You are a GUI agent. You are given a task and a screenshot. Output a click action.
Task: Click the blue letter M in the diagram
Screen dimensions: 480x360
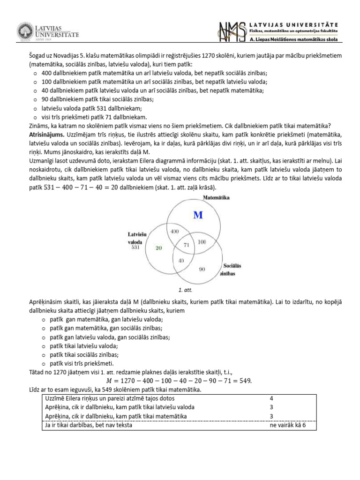[x=198, y=215]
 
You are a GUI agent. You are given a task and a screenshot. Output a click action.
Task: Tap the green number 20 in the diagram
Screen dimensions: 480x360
[x=159, y=248]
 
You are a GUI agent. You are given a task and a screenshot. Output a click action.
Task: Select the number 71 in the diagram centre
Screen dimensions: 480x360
[x=186, y=244]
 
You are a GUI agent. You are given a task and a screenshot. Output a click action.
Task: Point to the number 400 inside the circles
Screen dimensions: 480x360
[x=174, y=232]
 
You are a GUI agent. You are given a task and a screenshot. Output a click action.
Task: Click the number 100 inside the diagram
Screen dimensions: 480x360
[x=202, y=242]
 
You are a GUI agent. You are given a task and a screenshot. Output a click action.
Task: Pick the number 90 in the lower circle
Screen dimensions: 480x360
[x=202, y=269]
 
